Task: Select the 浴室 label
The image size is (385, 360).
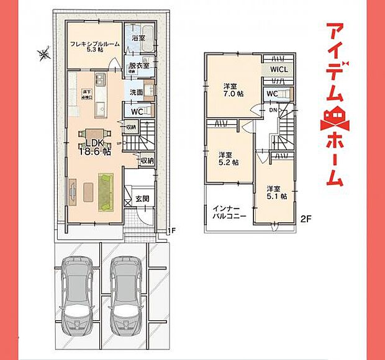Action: pyautogui.click(x=138, y=38)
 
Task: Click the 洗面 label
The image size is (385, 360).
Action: pyautogui.click(x=136, y=92)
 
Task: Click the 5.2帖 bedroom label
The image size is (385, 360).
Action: pyautogui.click(x=227, y=158)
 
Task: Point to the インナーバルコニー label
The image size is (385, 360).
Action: pyautogui.click(x=229, y=212)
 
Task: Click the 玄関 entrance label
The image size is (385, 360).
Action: pyautogui.click(x=142, y=199)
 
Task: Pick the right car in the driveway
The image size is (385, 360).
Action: pyautogui.click(x=127, y=289)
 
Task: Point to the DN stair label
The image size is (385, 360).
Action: pyautogui.click(x=273, y=110)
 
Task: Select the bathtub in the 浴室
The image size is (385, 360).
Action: pyautogui.click(x=147, y=30)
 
